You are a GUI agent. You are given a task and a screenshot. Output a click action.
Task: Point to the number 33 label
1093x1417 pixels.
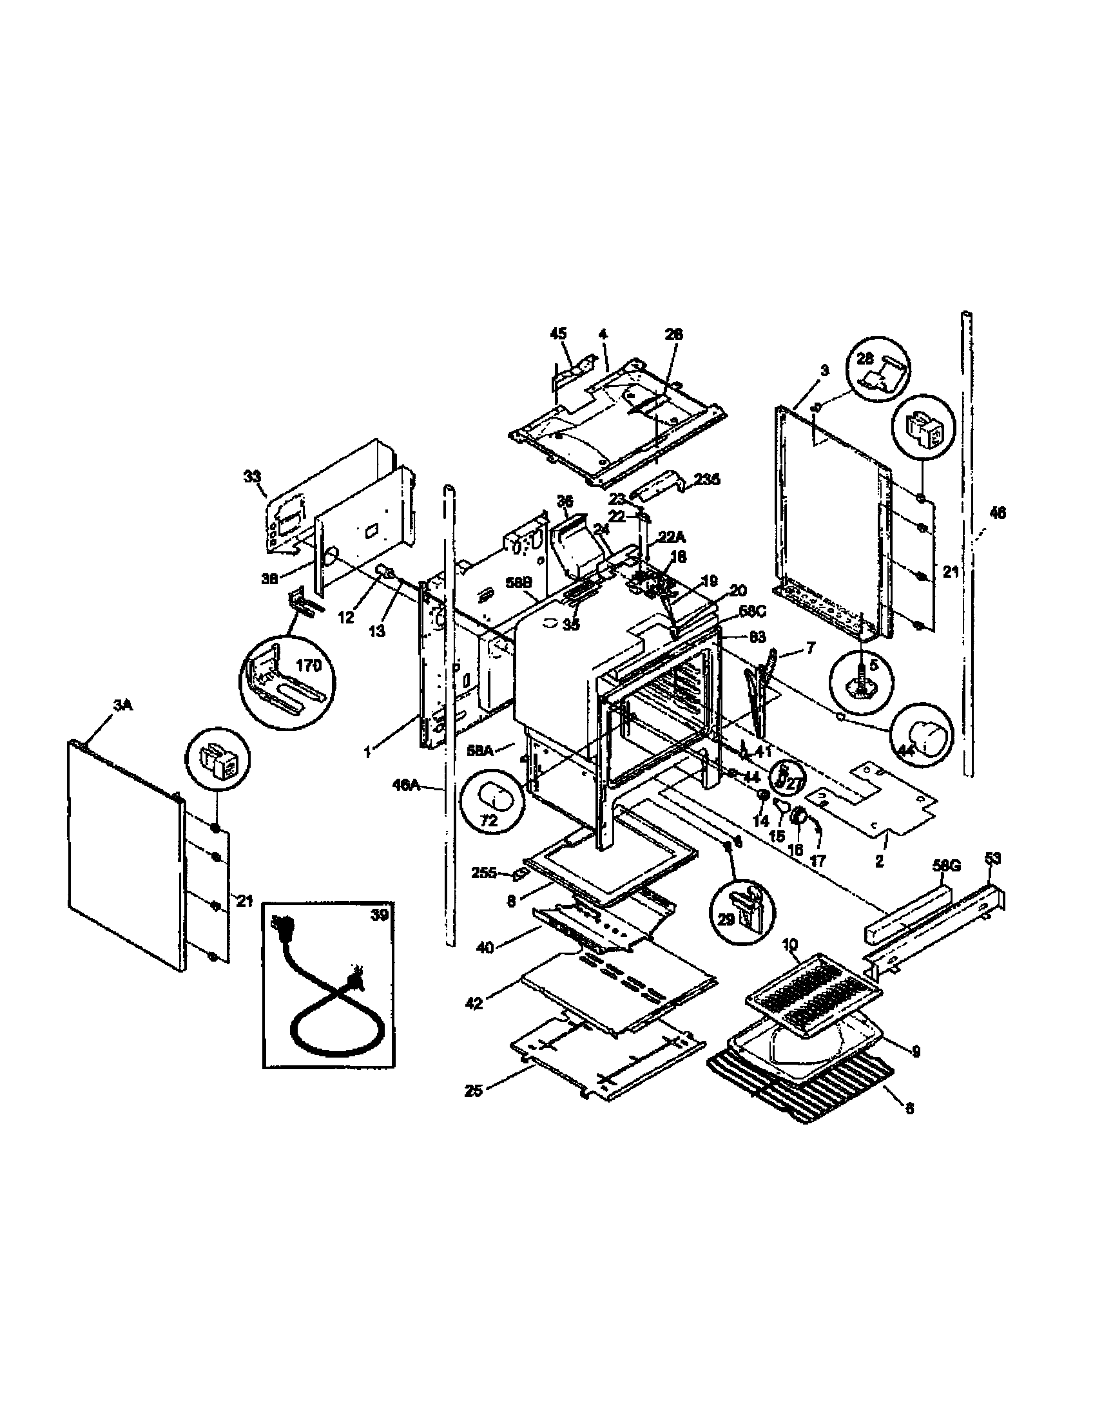coord(252,477)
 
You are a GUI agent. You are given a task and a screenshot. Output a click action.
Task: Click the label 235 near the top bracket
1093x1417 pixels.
coord(707,480)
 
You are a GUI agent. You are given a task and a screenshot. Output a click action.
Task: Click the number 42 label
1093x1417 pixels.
coord(474,1002)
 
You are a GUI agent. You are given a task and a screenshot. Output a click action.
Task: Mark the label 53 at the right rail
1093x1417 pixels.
coord(992,859)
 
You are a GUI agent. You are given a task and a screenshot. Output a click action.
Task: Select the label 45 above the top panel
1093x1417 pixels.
coord(558,334)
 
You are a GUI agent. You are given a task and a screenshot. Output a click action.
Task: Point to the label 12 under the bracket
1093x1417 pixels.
coord(346,618)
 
